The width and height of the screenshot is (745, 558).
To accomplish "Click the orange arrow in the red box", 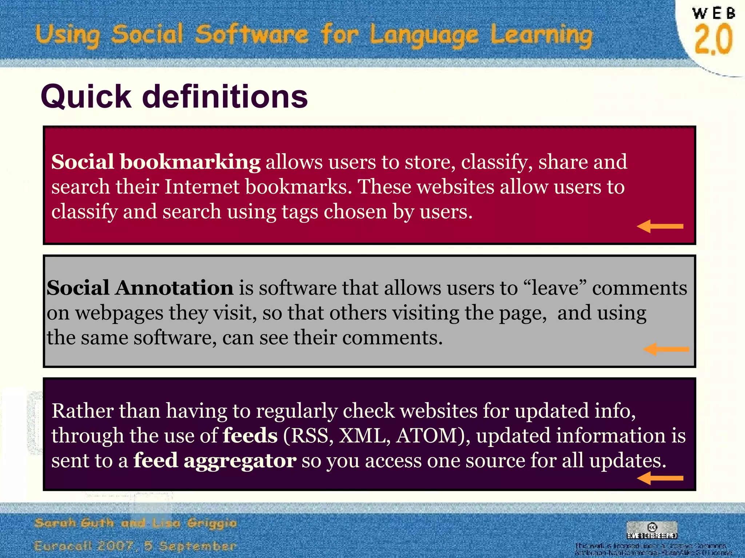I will [660, 226].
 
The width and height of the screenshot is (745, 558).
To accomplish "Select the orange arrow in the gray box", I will [666, 349].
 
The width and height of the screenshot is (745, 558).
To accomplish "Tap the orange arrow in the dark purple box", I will [660, 478].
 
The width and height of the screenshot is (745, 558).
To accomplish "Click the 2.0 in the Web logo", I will [713, 39].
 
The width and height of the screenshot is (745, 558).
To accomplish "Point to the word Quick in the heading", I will [86, 97].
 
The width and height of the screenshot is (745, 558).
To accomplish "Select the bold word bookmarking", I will [190, 162].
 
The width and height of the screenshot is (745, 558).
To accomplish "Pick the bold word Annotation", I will [174, 288].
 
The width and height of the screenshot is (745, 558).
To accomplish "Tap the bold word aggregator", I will [240, 461].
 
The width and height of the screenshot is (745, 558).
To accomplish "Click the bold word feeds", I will [250, 436].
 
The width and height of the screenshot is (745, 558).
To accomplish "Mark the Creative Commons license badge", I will [652, 530].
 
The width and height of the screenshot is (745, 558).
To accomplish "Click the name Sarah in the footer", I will [56, 523].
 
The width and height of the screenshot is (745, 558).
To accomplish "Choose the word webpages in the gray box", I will [119, 313].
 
